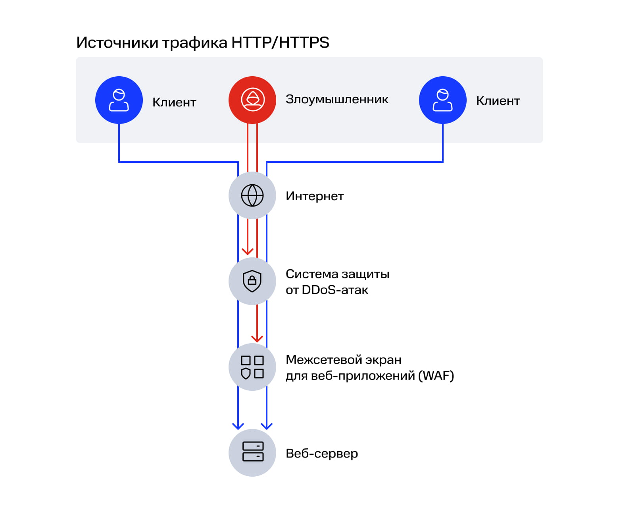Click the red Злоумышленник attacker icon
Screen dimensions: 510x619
point(252,100)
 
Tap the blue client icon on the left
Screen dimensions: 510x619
point(119,100)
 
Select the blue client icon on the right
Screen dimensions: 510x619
point(443,100)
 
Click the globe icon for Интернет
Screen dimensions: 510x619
point(252,195)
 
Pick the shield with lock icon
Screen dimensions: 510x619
point(252,281)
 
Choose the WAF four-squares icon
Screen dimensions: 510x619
point(252,367)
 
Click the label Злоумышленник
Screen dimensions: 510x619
point(337,99)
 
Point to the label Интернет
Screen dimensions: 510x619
point(315,196)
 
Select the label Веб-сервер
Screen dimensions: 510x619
point(322,454)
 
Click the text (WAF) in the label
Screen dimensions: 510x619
point(436,376)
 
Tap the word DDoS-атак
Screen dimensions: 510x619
point(335,290)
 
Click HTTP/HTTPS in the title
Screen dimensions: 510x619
point(280,42)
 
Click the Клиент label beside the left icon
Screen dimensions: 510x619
point(174,102)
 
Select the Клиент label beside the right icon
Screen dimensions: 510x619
point(498,101)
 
